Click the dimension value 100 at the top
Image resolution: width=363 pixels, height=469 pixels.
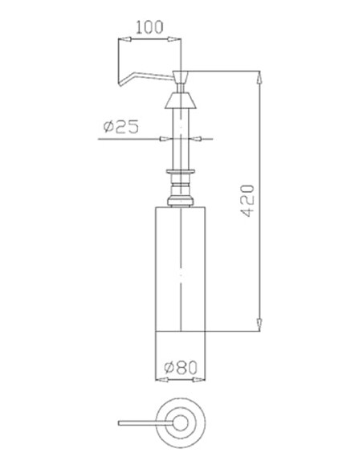[x=150, y=26]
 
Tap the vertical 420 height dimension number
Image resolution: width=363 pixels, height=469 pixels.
[x=248, y=201]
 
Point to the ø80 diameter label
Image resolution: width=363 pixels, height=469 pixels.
[x=181, y=367]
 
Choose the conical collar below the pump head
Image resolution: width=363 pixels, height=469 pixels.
[x=181, y=101]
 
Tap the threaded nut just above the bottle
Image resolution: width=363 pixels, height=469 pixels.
[x=181, y=195]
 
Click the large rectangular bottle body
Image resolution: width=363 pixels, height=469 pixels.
[x=181, y=265]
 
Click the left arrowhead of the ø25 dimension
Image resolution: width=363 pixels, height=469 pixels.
[x=166, y=139]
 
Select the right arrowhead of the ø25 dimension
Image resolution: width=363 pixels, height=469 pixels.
[x=197, y=139]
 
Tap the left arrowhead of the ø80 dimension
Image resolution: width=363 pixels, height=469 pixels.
[x=157, y=377]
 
